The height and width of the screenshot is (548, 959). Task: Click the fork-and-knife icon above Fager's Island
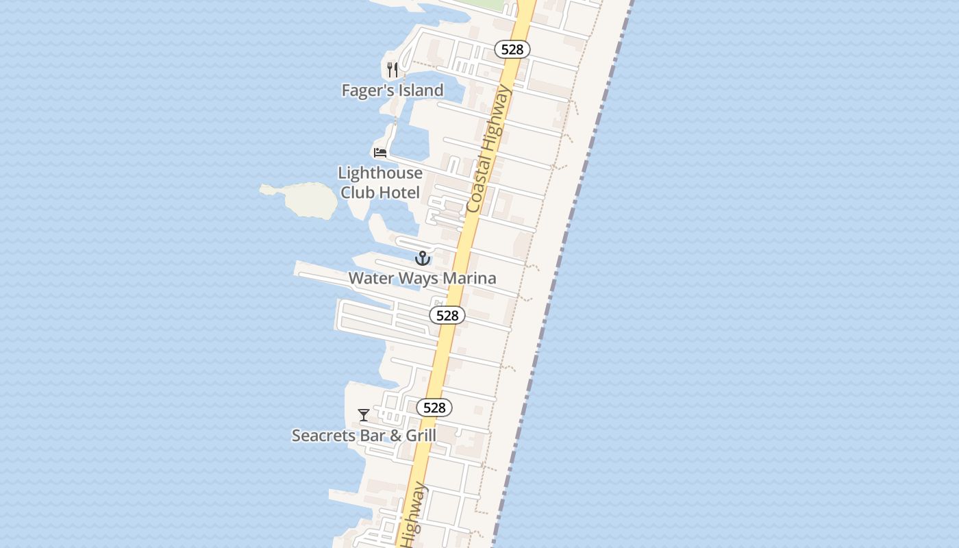[393, 70]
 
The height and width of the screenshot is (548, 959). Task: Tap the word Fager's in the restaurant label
[368, 90]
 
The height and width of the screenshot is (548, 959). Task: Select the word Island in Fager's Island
[420, 90]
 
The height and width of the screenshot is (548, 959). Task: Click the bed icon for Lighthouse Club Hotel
[380, 152]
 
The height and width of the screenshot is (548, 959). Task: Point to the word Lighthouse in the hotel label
[380, 173]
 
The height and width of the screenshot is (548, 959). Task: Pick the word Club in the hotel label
[358, 192]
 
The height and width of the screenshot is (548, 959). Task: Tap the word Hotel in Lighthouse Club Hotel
[399, 192]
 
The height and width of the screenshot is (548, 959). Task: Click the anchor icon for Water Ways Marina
[423, 258]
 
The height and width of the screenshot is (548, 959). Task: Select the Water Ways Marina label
[422, 278]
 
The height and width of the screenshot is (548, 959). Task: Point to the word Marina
[469, 278]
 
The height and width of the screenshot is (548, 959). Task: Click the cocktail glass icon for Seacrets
[364, 415]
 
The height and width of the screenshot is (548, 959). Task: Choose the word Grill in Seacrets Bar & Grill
[420, 436]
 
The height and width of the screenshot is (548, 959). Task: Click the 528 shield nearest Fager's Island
[512, 49]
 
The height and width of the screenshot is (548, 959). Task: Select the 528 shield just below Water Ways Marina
[447, 315]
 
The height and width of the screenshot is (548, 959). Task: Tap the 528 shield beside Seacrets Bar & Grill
[434, 408]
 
